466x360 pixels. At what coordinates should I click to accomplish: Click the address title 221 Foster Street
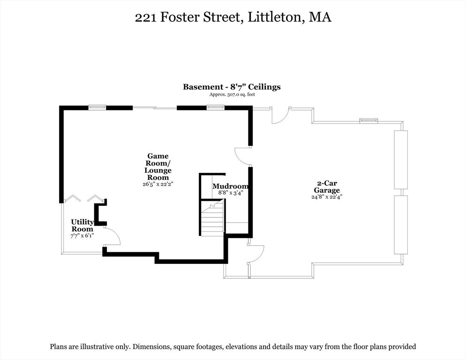(x=233, y=18)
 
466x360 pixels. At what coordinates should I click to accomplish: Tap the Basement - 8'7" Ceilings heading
(x=232, y=87)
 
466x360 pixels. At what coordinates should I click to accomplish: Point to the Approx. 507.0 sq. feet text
(x=232, y=95)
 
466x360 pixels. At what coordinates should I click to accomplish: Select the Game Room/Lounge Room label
(x=158, y=166)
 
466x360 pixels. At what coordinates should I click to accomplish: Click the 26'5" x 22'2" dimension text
(x=158, y=184)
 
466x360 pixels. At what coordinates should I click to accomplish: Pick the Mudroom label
(x=230, y=186)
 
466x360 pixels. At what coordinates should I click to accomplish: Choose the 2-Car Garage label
(x=326, y=187)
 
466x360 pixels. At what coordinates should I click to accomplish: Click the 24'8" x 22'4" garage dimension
(x=326, y=197)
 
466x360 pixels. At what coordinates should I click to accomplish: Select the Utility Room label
(x=82, y=225)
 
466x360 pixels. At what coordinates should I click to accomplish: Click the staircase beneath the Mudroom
(x=212, y=219)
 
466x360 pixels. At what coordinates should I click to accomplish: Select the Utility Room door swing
(x=112, y=236)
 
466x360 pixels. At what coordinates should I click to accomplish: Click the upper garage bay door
(x=401, y=160)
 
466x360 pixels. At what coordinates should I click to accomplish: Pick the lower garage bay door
(x=401, y=225)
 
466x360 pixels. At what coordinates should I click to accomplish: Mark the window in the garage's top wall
(x=368, y=121)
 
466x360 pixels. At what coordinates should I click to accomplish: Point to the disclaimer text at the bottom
(x=233, y=347)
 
